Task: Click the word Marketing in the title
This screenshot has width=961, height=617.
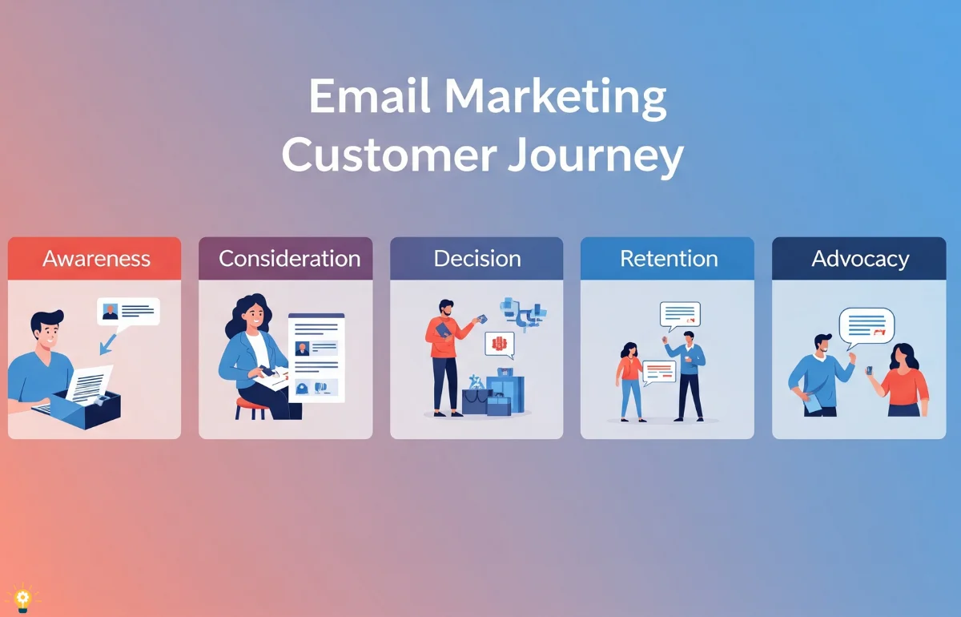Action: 555,99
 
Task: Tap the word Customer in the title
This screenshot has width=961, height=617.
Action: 388,155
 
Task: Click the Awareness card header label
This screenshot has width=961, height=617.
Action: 96,259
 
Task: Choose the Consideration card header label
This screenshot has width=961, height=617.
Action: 290,259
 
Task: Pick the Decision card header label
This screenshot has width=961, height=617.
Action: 477,259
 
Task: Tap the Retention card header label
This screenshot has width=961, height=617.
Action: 669,259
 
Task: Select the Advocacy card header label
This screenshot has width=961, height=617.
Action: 860,260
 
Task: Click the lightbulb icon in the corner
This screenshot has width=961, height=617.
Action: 22,598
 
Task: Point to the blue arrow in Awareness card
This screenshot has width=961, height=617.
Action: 107,345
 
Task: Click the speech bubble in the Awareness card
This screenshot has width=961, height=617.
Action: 128,313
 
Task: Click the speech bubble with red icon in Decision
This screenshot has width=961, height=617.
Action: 500,345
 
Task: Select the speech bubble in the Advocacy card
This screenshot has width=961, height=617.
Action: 867,328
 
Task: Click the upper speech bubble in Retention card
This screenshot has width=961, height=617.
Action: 680,316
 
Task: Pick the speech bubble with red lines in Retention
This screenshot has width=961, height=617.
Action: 659,373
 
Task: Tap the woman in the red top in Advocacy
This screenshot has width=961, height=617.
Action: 903,380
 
